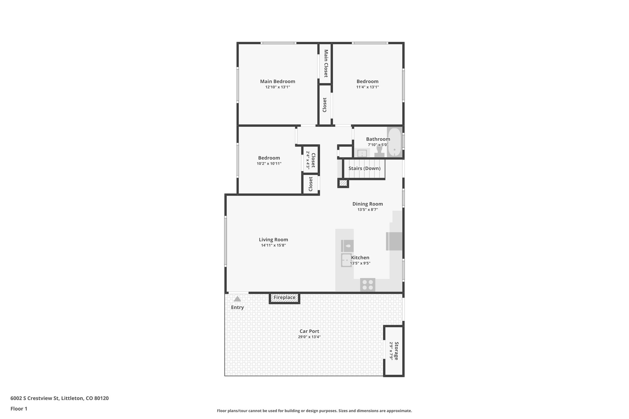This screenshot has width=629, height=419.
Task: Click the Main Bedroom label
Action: coord(277,81)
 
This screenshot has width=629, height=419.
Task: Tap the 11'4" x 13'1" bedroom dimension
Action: coord(367,87)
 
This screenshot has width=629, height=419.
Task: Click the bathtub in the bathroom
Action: coord(394,142)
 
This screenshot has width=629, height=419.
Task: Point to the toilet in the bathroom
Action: coord(379,151)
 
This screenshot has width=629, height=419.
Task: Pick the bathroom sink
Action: coord(362,153)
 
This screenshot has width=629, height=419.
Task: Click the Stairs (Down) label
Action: coord(364,168)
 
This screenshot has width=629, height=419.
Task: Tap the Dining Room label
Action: coord(367,204)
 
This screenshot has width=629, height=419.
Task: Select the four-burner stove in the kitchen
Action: coord(368,285)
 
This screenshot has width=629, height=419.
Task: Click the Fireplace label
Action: coord(284,297)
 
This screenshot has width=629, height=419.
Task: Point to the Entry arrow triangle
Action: coord(237,299)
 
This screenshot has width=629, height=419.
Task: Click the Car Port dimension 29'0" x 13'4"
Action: coord(309,337)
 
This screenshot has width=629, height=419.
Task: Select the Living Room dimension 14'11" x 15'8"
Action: coord(273,245)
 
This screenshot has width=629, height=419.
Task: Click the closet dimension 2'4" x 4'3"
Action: coord(307,160)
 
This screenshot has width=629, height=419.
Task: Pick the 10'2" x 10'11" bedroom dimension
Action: coord(269,164)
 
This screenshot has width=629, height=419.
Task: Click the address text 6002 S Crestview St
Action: coord(35,398)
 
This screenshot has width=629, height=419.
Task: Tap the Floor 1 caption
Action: coord(19,409)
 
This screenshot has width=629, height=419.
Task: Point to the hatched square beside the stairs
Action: coord(343,183)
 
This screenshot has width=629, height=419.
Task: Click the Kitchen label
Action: coord(360,258)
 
